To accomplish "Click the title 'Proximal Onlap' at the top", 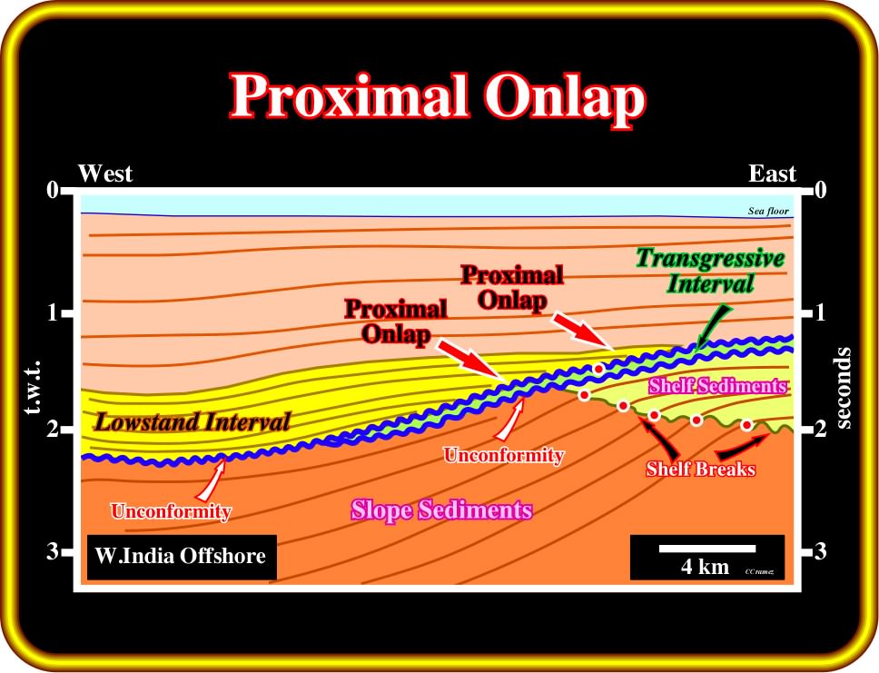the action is [438, 97].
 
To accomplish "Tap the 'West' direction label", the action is [104, 173].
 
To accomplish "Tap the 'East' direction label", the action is [772, 173].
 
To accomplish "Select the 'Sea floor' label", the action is [768, 211].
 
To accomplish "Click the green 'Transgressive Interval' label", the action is [710, 271].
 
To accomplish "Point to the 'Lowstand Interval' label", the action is [193, 421].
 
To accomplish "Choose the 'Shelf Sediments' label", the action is [717, 386].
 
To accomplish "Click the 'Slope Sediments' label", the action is [441, 510].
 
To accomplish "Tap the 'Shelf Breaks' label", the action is [701, 469].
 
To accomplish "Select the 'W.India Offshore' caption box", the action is [182, 557].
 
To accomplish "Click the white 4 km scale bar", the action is [707, 549].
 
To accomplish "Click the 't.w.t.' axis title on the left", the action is [32, 387].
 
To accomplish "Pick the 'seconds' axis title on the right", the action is [843, 388].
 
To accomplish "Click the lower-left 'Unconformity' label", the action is [171, 511].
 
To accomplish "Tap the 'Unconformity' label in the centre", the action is [503, 455].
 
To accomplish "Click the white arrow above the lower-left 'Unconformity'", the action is [212, 480].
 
